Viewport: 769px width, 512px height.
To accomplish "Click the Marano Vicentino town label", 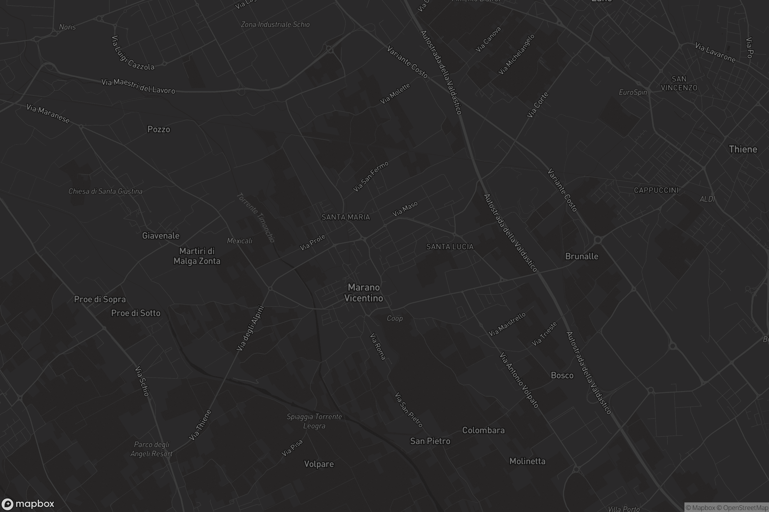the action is coord(364,292).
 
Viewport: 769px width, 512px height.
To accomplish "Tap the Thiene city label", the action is coord(743,149).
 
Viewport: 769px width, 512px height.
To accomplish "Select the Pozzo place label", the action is coord(159,129).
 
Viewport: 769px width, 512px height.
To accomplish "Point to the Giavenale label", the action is coord(161,236).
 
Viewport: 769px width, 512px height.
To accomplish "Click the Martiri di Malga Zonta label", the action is coord(197,256).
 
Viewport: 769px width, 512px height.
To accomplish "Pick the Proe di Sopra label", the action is coord(100,300).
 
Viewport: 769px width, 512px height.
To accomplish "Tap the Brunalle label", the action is coord(582,256).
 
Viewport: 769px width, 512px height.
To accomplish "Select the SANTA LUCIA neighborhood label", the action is coord(450,247).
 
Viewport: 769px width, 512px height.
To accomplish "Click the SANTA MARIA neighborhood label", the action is coord(346,217).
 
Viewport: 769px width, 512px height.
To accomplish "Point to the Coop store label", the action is coord(395,318).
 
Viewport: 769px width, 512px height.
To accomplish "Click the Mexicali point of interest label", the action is coord(240,241).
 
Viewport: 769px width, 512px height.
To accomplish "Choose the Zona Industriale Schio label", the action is coord(275,25).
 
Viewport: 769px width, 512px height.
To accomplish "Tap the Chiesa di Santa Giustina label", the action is coord(105,191).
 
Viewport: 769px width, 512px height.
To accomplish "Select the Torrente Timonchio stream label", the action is coord(255,217).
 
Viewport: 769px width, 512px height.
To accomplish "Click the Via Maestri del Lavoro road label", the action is coord(138,86).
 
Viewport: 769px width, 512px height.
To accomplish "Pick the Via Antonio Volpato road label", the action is coord(519,380).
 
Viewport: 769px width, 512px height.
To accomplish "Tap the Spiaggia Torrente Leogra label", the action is coord(314,421).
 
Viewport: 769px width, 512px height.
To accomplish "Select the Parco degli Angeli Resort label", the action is coord(151,449).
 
